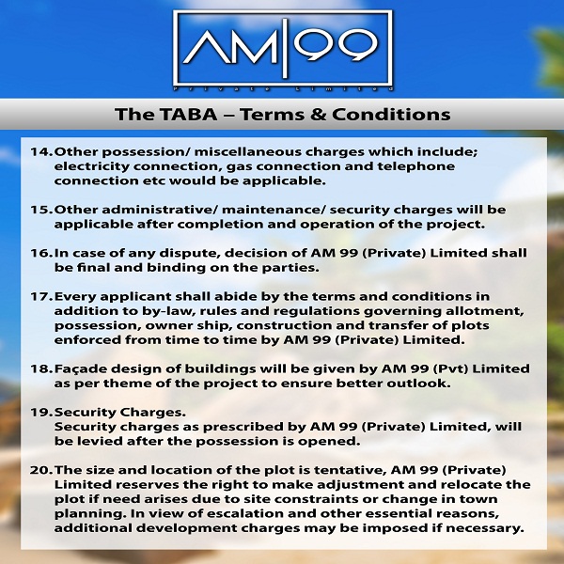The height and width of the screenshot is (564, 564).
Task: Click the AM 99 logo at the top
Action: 283,51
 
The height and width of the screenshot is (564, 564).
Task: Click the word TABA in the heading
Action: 189,115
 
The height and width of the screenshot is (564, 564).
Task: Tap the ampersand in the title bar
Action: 318,115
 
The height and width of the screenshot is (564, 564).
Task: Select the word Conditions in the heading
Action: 391,115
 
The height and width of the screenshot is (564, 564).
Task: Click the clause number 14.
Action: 41,151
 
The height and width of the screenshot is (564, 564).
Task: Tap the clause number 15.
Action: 41,210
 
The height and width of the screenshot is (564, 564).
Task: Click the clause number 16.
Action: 41,253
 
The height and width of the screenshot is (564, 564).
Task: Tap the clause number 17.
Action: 41,297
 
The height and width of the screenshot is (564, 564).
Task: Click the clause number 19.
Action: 41,413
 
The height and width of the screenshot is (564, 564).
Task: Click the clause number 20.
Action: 41,471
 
